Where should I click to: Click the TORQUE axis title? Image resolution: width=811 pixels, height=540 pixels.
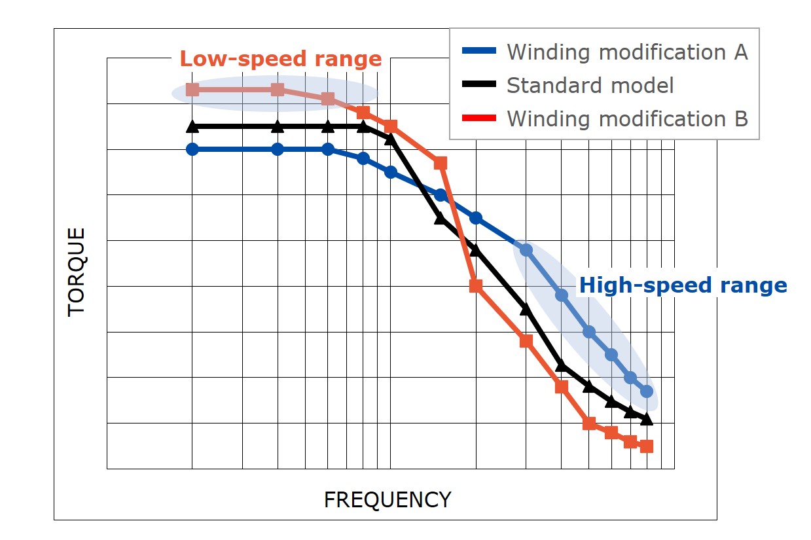click(x=77, y=272)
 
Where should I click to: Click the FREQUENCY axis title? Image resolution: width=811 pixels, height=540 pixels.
click(x=387, y=500)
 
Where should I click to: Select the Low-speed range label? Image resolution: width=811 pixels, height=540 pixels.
click(x=280, y=59)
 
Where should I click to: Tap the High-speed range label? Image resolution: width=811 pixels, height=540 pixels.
click(x=683, y=285)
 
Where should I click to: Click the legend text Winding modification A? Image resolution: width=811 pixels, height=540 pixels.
click(x=626, y=52)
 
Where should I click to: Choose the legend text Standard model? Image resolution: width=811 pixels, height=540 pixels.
click(x=590, y=85)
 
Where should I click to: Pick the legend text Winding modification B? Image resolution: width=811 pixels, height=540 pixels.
click(x=626, y=119)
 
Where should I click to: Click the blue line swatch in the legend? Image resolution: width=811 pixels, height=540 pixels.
click(x=479, y=51)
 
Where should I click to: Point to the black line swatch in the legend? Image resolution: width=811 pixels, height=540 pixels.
click(x=479, y=85)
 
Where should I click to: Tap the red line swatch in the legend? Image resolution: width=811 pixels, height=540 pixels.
click(x=479, y=118)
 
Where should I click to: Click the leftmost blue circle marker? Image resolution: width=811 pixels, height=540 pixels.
click(x=192, y=149)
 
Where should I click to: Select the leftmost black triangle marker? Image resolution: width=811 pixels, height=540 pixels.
click(x=192, y=126)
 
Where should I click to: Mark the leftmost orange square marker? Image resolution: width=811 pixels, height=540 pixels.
click(x=192, y=90)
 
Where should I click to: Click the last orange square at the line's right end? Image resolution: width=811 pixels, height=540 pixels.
click(x=647, y=446)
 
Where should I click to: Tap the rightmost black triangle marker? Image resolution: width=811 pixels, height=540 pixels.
click(x=647, y=419)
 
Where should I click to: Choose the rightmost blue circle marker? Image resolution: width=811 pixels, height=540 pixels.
click(x=647, y=391)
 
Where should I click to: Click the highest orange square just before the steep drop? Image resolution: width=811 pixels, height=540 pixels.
click(x=441, y=163)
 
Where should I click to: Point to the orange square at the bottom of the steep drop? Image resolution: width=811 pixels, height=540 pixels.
click(x=476, y=285)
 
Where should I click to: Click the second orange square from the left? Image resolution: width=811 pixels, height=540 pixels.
click(x=278, y=90)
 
